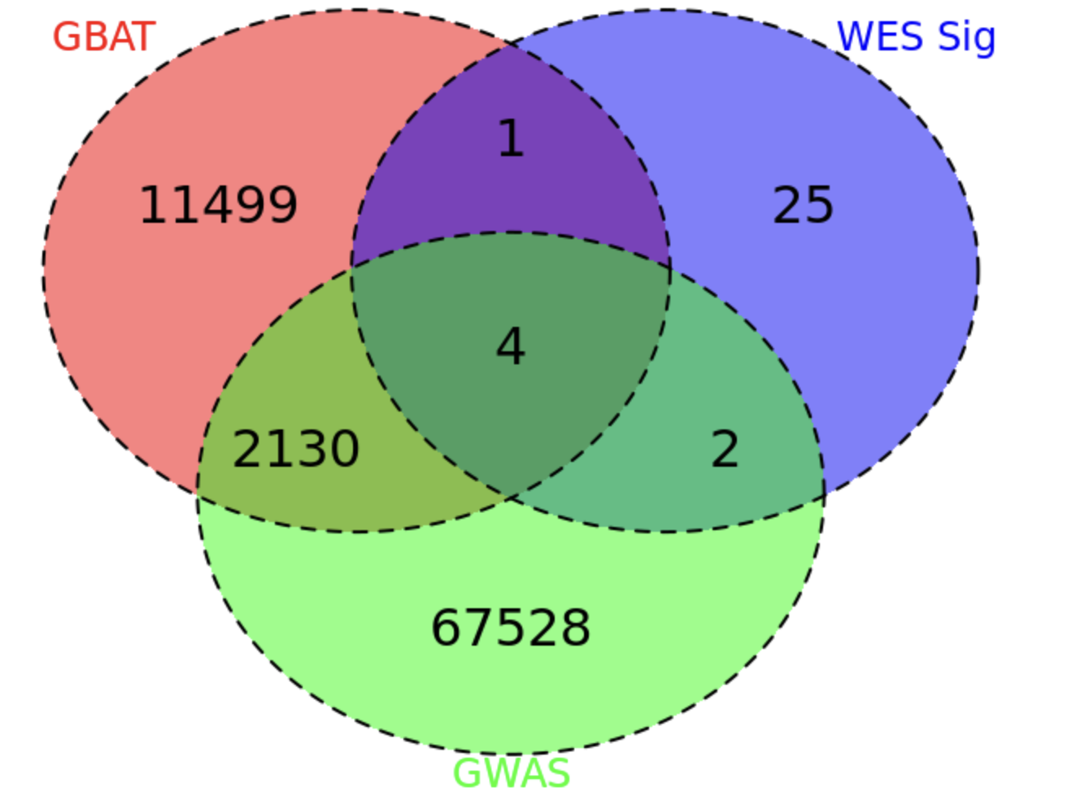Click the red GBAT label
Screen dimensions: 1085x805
104,37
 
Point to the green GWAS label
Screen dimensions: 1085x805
512,773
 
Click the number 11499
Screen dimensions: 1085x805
218,206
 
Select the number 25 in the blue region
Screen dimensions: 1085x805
803,206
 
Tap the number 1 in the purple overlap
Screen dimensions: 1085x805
512,138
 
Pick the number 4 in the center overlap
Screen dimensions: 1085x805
510,346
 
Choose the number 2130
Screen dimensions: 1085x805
296,449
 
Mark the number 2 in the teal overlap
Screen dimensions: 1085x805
725,449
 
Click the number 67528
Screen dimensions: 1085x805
511,628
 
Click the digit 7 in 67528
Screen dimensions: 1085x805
479,628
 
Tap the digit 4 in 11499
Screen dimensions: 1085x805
218,206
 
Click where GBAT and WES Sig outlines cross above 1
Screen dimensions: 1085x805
510,45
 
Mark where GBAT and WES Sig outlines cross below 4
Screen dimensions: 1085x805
511,498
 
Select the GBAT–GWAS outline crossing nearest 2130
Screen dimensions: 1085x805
197,494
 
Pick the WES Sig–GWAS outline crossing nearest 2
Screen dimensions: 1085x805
824,495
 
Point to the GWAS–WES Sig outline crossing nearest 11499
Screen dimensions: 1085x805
352,267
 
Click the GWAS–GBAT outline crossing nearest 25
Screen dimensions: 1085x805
669,267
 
